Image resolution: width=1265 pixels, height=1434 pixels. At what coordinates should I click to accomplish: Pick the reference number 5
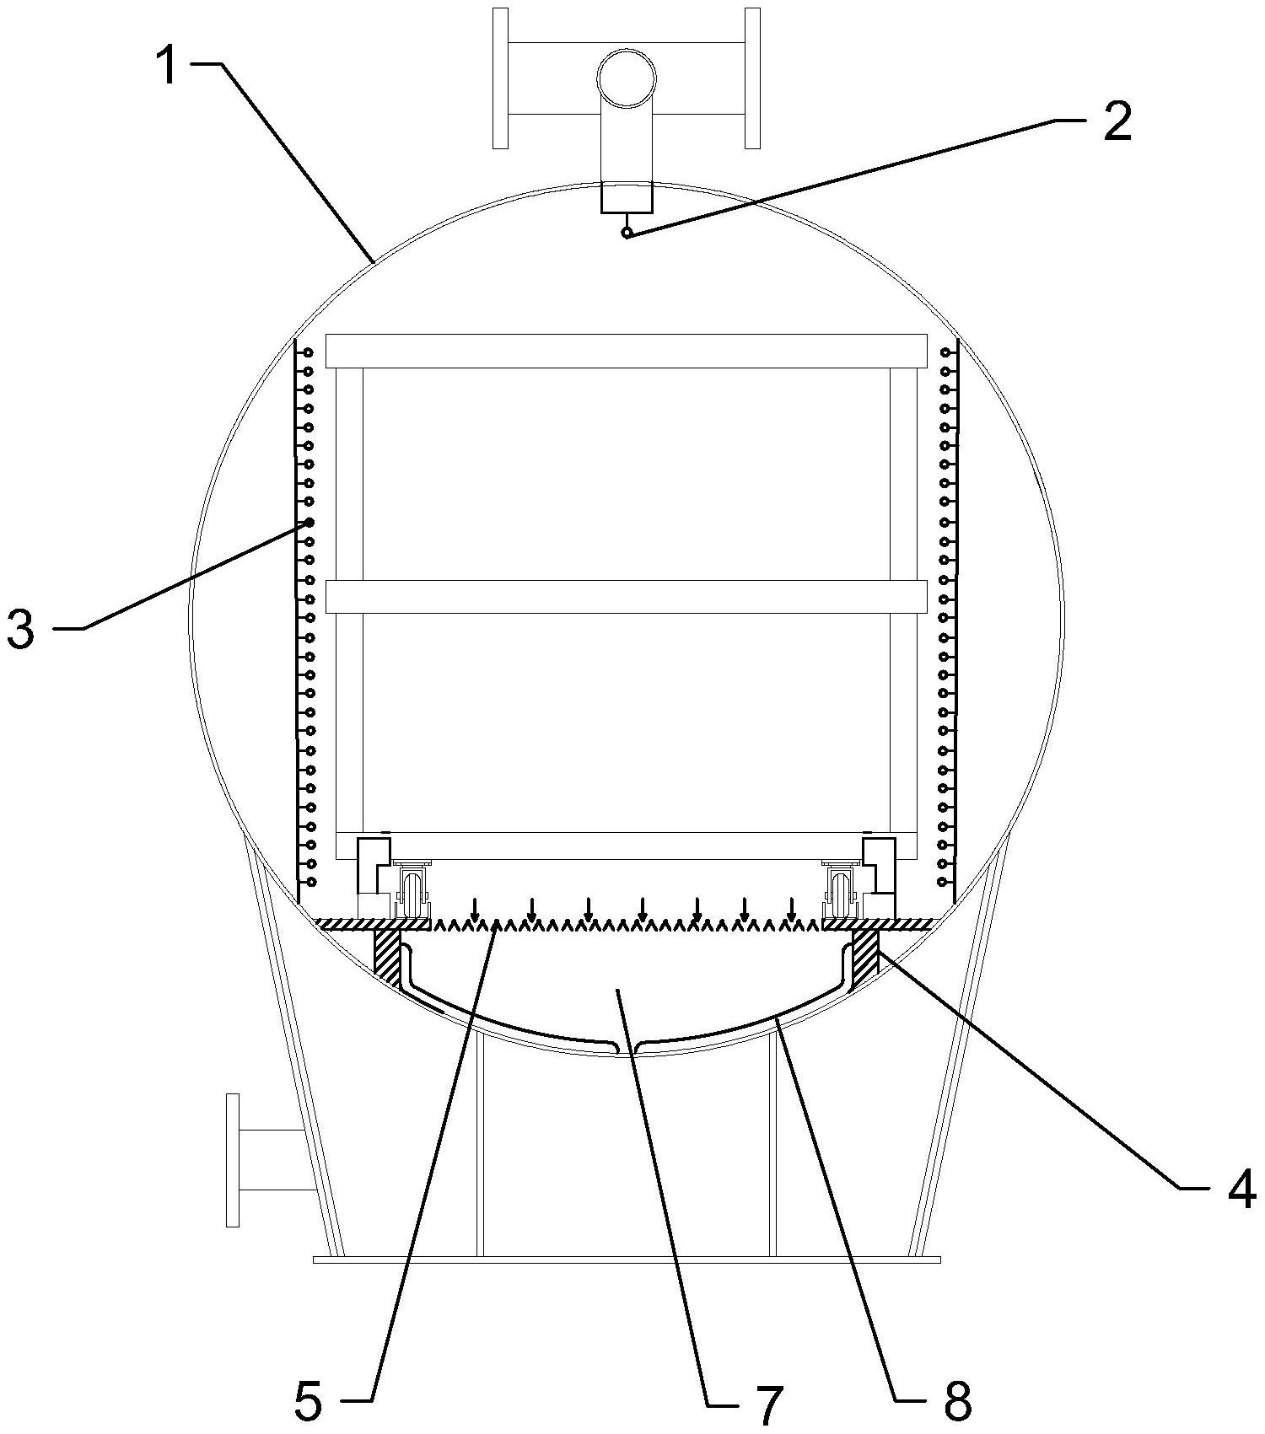[x=308, y=1400]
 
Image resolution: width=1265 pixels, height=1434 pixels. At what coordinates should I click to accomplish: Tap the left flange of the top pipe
[x=500, y=78]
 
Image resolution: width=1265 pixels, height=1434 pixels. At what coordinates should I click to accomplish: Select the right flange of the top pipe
[x=752, y=78]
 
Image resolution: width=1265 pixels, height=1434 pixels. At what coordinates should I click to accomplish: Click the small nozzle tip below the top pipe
[x=627, y=233]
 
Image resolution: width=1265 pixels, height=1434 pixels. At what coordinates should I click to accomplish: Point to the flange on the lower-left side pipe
[x=233, y=1159]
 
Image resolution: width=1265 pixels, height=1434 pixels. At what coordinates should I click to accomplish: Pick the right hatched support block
[x=866, y=952]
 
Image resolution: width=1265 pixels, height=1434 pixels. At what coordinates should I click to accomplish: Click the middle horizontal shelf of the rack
[x=626, y=596]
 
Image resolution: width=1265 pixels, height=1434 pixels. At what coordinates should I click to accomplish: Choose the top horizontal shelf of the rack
[x=626, y=351]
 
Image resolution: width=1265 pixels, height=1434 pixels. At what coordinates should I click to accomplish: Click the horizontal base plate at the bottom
[x=627, y=1259]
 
